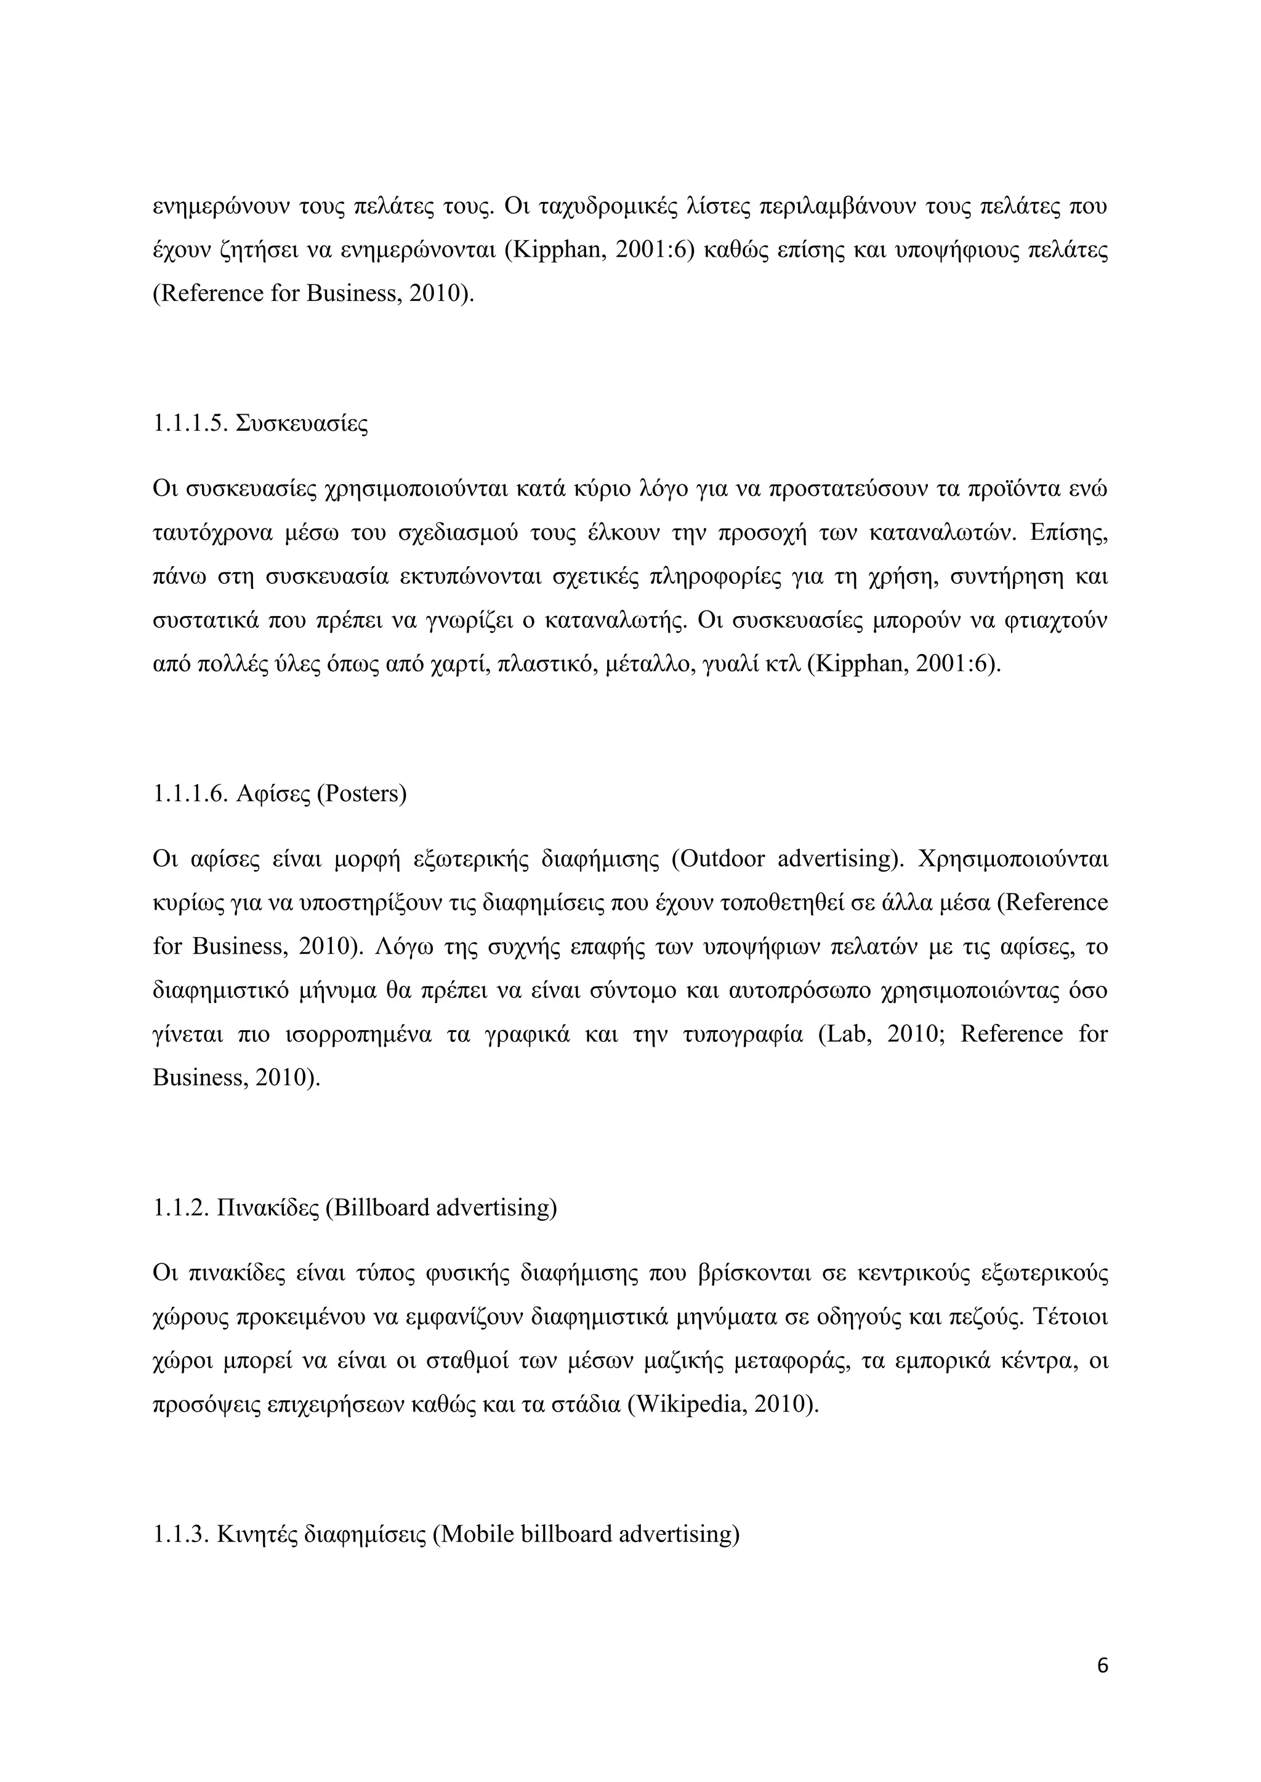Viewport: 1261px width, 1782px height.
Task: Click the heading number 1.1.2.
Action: click(181, 1208)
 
